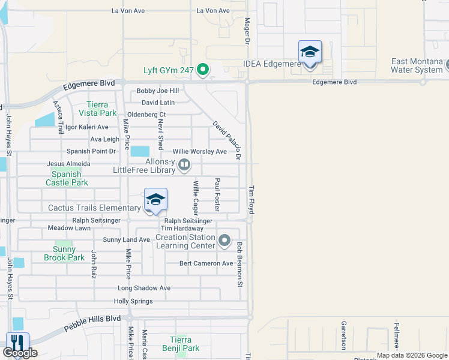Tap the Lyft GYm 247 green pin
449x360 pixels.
coord(203,70)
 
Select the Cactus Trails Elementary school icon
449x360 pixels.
coord(155,200)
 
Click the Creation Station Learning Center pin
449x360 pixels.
coord(224,241)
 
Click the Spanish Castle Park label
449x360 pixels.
coord(66,178)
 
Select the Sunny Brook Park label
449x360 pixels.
coord(64,253)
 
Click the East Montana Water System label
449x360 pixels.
coord(417,65)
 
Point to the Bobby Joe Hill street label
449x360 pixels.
coord(158,91)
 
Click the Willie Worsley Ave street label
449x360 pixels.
coord(200,152)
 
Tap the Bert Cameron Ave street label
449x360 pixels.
coord(206,263)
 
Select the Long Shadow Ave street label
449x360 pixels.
coord(144,288)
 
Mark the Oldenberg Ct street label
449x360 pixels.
coord(146,115)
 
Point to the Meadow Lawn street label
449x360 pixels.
coord(69,228)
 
